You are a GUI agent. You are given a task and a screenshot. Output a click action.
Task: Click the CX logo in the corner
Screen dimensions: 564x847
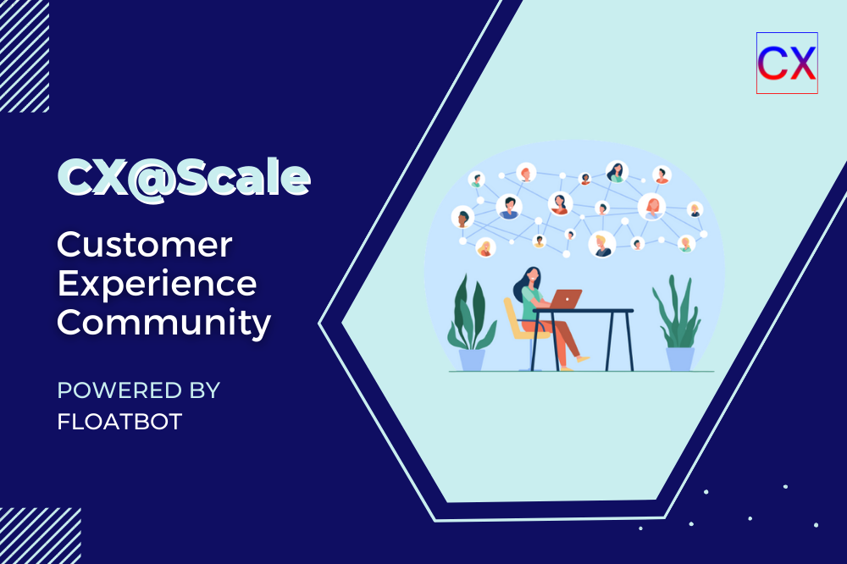(786, 63)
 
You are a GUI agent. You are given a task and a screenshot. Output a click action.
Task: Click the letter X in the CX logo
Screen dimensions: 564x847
(800, 63)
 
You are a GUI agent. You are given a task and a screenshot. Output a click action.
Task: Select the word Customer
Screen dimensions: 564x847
(144, 245)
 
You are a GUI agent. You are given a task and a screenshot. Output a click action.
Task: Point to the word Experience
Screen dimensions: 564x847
(157, 284)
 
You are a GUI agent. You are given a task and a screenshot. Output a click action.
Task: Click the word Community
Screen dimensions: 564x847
(164, 323)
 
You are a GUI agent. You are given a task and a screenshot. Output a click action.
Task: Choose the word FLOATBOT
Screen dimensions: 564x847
(119, 421)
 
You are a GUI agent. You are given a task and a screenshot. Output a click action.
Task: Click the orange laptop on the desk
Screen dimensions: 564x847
(565, 299)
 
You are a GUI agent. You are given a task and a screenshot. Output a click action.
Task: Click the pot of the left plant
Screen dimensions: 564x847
(472, 359)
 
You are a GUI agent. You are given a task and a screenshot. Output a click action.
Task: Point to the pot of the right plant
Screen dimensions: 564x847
(679, 358)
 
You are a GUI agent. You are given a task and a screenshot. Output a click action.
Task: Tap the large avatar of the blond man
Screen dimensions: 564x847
(601, 244)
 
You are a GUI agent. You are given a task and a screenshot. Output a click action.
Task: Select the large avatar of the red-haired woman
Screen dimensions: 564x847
(651, 206)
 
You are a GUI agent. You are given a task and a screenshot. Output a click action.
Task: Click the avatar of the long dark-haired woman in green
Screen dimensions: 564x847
(617, 172)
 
